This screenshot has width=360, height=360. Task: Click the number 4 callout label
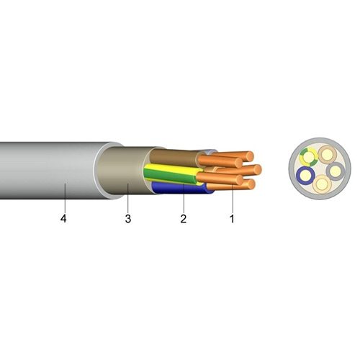pos(63,219)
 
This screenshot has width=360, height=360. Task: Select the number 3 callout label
pos(128,219)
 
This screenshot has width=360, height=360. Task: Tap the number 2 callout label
pos(184,219)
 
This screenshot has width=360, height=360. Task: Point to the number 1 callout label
pos(232,219)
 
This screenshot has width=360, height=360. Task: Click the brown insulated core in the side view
pos(173,156)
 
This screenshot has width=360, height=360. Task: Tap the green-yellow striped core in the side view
pos(171,174)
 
